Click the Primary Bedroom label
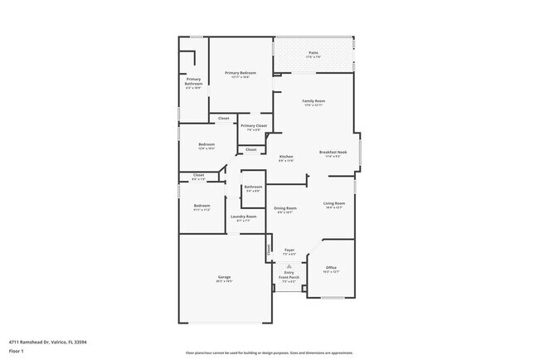click(x=240, y=73)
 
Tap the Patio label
click(x=313, y=52)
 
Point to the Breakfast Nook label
click(x=333, y=152)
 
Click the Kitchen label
click(x=285, y=157)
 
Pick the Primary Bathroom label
click(x=193, y=81)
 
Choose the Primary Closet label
click(x=254, y=126)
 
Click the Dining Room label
click(x=285, y=208)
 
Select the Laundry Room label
click(x=243, y=216)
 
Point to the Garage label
click(x=224, y=276)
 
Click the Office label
click(x=331, y=267)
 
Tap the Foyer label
click(x=289, y=250)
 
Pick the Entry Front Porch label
click(x=289, y=275)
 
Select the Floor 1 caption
click(x=16, y=351)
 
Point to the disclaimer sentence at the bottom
click(x=269, y=353)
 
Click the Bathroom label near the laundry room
click(x=253, y=187)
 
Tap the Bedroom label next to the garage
click(x=202, y=206)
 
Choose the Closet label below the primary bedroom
click(x=224, y=119)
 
